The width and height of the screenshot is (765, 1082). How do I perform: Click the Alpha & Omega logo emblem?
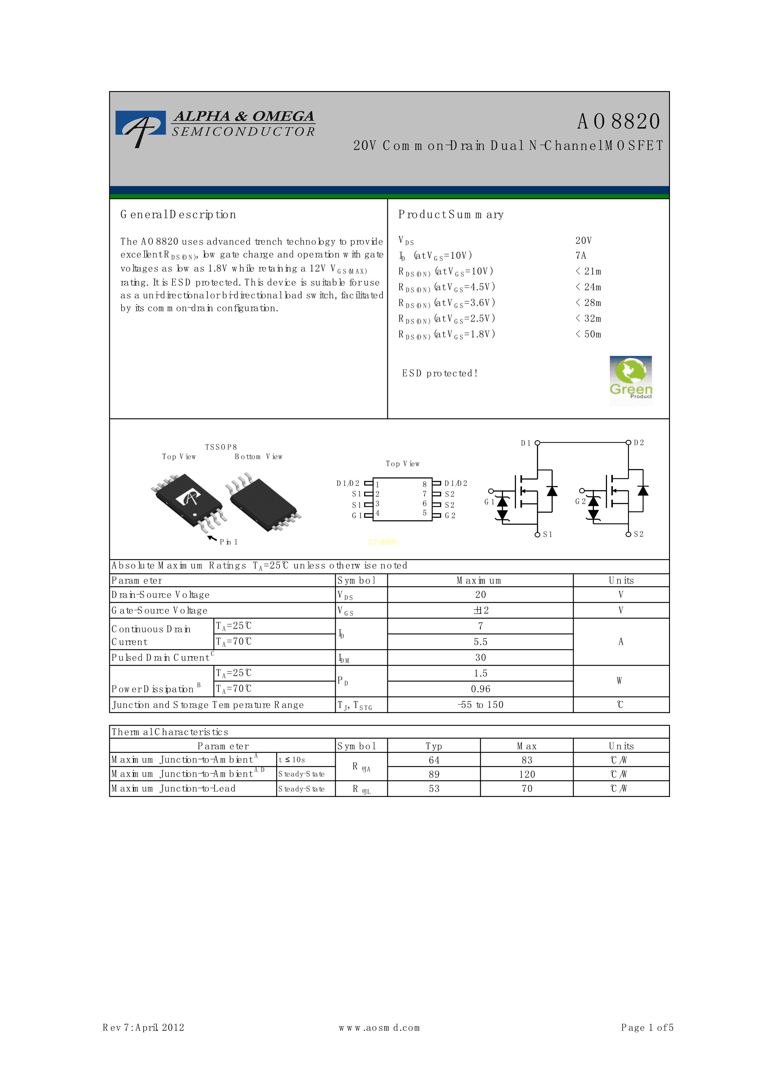click(x=140, y=127)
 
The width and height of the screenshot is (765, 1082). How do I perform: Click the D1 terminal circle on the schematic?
click(x=537, y=443)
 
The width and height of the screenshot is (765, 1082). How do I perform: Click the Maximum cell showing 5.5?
click(x=480, y=642)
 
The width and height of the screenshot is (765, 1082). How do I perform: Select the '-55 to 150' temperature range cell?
click(x=480, y=705)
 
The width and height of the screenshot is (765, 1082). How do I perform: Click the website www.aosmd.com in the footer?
click(x=379, y=1028)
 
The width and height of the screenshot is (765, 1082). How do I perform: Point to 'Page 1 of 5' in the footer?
click(x=647, y=1028)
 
